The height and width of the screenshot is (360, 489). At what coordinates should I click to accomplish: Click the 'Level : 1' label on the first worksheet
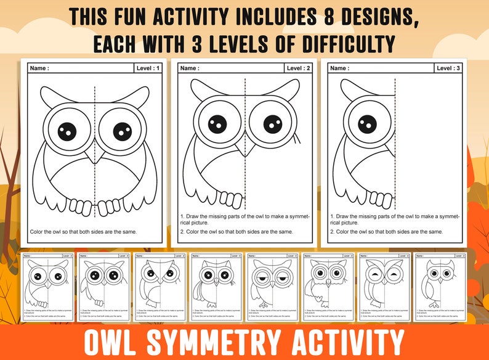point(148,68)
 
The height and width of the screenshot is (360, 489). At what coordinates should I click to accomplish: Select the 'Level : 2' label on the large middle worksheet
point(299,68)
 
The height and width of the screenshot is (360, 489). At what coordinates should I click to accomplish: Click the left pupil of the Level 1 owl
point(67,131)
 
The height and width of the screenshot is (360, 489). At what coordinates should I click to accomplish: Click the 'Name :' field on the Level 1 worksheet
point(39,68)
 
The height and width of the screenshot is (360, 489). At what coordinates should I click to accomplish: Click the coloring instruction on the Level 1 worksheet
point(83,232)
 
